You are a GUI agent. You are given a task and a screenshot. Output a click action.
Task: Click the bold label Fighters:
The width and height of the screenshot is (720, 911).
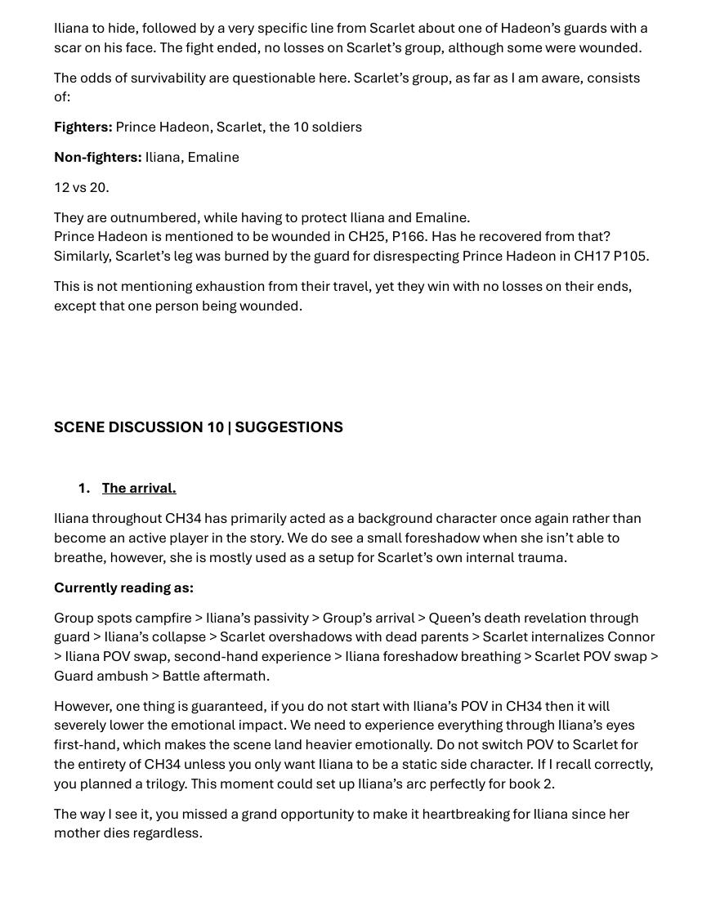point(83,127)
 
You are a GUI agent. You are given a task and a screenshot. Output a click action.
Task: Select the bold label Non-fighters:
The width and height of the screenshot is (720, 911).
point(97,157)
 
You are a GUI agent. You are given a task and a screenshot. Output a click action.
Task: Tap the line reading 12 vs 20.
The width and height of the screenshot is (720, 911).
point(81,187)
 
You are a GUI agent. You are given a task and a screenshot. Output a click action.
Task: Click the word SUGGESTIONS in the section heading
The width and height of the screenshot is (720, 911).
point(288,427)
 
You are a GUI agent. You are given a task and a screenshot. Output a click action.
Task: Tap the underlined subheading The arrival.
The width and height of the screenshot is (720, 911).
point(139,488)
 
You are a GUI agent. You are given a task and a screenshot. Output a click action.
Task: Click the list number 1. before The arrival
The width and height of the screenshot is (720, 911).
point(83,488)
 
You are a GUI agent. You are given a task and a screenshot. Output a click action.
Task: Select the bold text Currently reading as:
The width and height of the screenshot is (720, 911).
point(123,587)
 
